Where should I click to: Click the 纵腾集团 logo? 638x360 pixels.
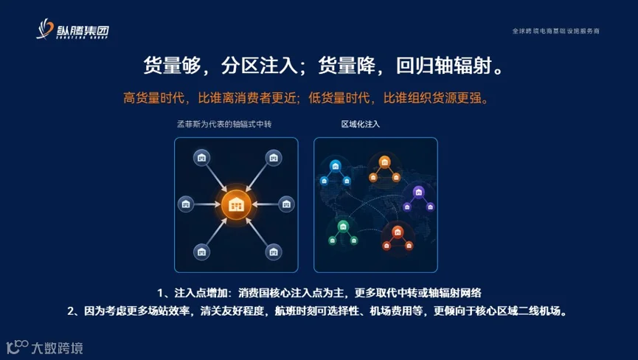(x=72, y=30)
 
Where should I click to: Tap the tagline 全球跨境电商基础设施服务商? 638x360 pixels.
(x=555, y=31)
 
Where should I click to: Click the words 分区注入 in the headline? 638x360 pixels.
(x=259, y=66)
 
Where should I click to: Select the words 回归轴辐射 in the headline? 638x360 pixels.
(x=444, y=66)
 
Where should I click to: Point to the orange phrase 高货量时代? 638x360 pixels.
(x=154, y=98)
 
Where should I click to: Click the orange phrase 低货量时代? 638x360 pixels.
(x=339, y=98)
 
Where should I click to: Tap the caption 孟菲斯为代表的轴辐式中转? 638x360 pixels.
(x=224, y=124)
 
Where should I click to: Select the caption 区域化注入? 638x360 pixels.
(x=361, y=124)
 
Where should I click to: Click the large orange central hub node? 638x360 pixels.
(x=236, y=204)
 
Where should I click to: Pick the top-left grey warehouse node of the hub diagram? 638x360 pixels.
(x=201, y=158)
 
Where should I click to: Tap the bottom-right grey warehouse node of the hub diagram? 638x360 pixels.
(x=274, y=252)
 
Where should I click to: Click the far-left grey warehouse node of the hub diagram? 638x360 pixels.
(x=186, y=204)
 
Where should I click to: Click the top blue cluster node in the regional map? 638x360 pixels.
(x=336, y=165)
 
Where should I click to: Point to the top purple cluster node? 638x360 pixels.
(x=419, y=191)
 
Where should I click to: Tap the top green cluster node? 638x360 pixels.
(x=343, y=226)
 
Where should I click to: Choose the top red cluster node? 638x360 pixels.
(x=398, y=232)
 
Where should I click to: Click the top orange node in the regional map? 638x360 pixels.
(x=384, y=162)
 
